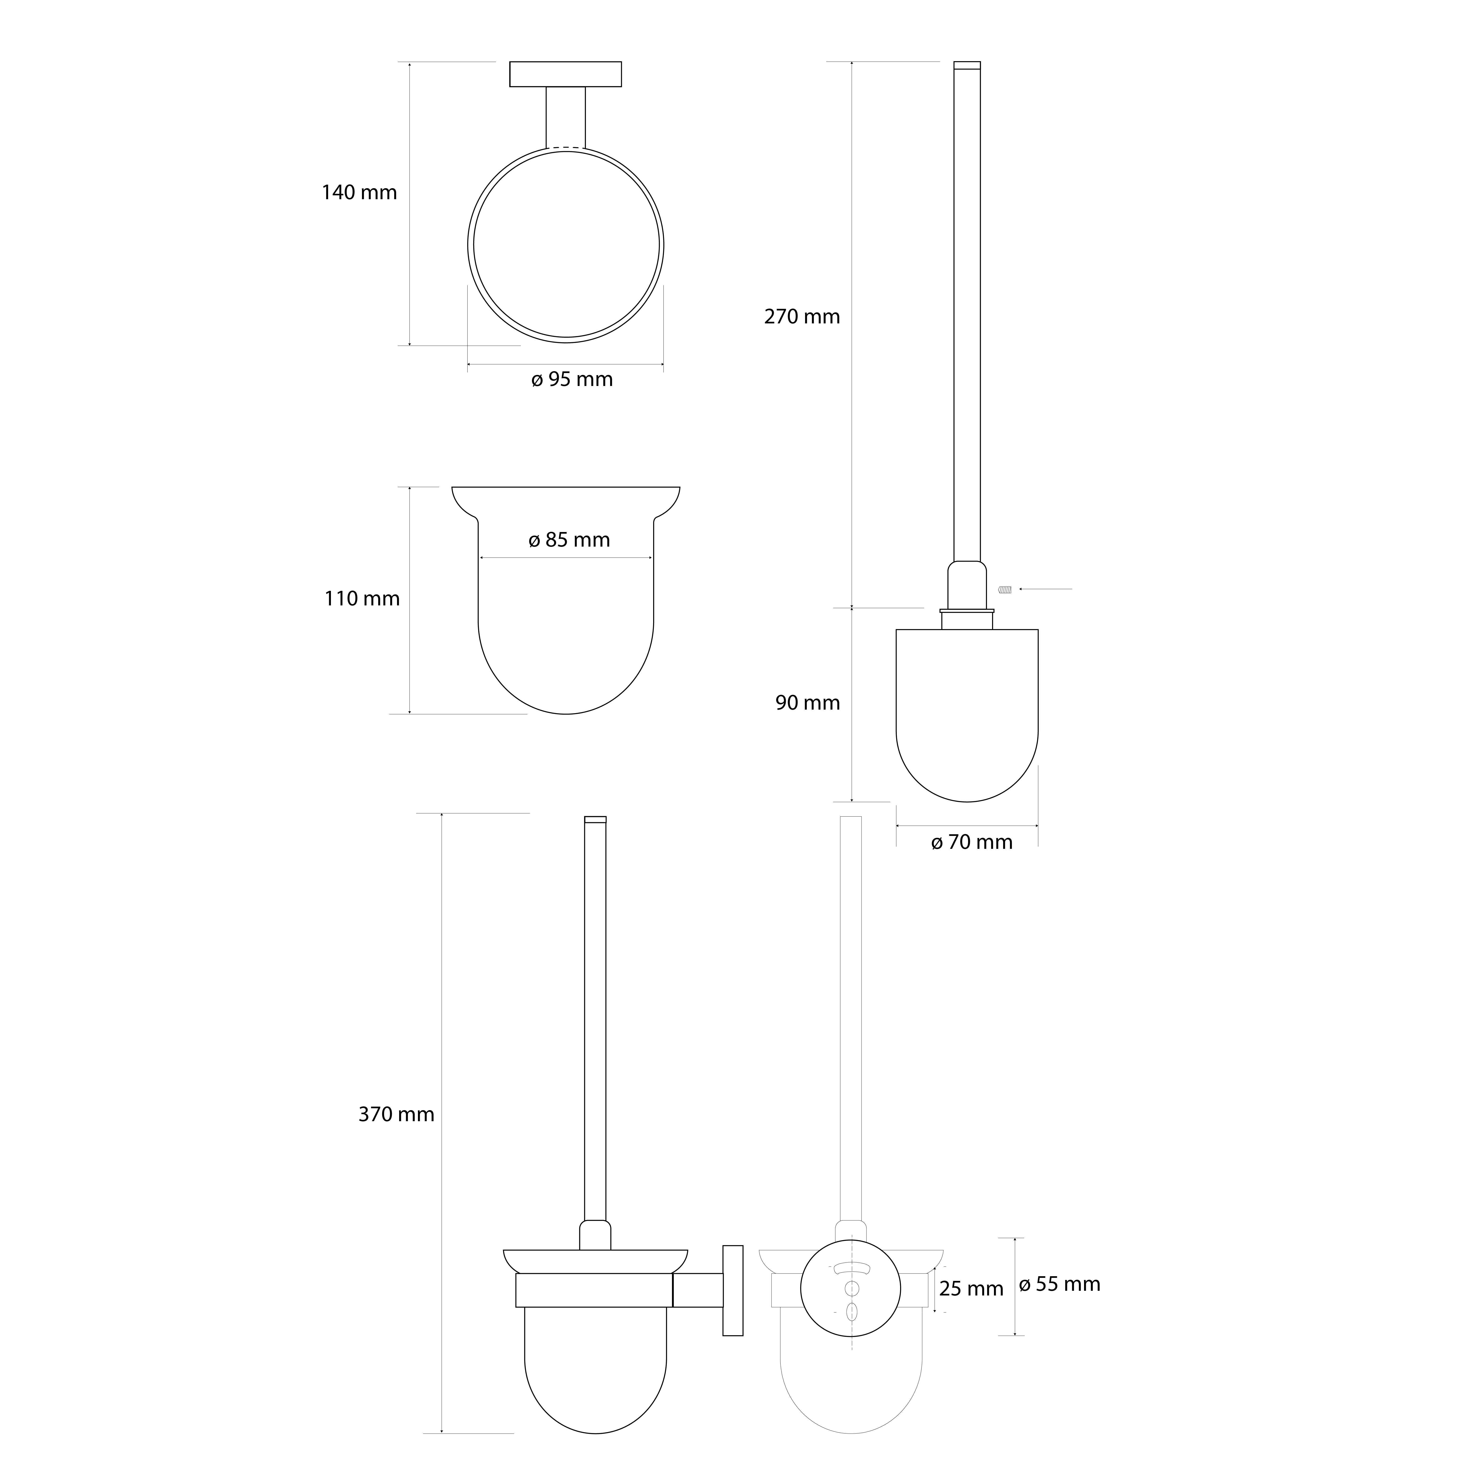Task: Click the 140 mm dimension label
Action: pos(359,192)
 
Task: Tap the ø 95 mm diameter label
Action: pos(572,379)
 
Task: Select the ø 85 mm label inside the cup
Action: pos(569,540)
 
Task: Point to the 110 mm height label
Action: pos(362,599)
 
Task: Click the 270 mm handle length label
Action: pos(802,317)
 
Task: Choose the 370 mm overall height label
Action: pos(396,1115)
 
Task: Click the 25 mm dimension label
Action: pos(972,1289)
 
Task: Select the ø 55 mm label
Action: pos(1060,1284)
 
